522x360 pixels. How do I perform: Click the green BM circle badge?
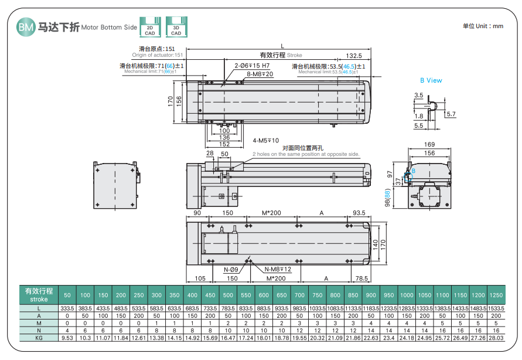tap(26, 26)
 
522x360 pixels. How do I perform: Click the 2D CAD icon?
tap(150, 27)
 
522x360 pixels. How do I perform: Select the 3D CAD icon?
tap(176, 27)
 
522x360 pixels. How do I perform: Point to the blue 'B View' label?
tap(431, 80)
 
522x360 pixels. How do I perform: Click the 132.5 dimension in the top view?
tap(354, 55)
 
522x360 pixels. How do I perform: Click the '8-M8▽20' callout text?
tap(260, 74)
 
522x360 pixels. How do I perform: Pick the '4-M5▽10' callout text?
tap(266, 141)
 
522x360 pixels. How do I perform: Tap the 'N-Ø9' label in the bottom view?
tap(231, 270)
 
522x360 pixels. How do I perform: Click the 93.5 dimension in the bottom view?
tap(359, 213)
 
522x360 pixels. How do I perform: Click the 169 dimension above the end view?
tap(429, 144)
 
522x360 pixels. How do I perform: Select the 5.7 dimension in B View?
tap(451, 114)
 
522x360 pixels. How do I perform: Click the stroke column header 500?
tap(228, 295)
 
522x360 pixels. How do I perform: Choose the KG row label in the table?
tap(39, 338)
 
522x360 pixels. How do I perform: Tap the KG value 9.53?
tap(67, 338)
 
